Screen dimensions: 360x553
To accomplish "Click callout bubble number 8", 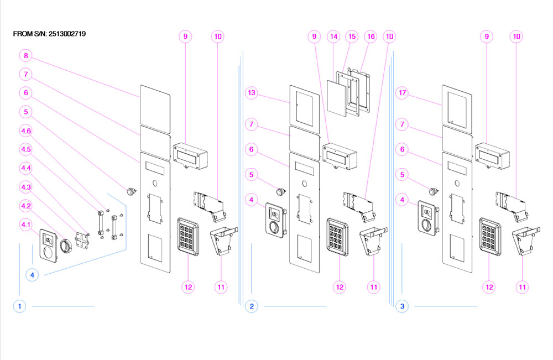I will click(x=26, y=55).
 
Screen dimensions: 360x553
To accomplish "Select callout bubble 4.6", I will click(x=26, y=131).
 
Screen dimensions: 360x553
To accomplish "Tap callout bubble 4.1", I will click(x=26, y=225).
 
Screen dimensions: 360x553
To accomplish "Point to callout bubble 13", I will click(x=252, y=93).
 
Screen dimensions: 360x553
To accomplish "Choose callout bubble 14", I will click(x=333, y=36).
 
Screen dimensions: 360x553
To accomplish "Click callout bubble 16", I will click(x=371, y=36).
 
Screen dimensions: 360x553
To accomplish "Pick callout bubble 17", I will click(x=402, y=93).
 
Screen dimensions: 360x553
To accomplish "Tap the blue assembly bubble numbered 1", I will click(x=19, y=306).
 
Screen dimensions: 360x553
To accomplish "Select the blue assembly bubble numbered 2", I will click(x=252, y=306).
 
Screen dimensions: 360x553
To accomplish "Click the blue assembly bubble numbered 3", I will click(x=402, y=306).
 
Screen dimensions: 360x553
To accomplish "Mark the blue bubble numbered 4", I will click(x=32, y=274).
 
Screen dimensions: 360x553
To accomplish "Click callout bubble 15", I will click(x=352, y=36).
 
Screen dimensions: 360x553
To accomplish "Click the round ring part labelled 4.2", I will click(x=66, y=246).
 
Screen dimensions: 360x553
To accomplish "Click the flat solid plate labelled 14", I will click(x=337, y=96).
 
